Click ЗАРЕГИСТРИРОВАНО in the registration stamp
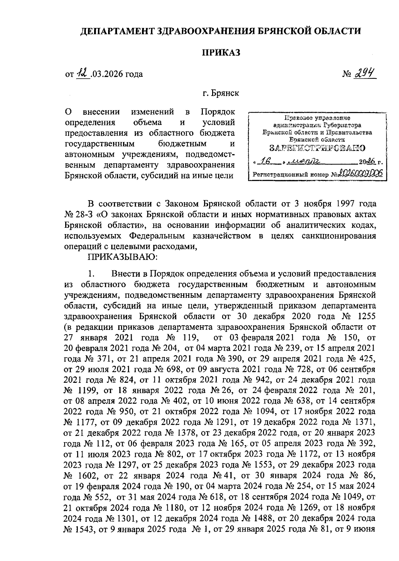[317, 148]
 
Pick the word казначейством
[222, 236]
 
